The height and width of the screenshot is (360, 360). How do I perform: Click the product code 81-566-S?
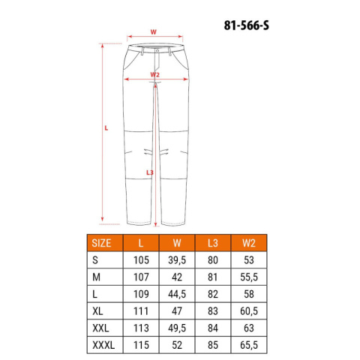[247, 25]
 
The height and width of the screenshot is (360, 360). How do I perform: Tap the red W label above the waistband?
[153, 32]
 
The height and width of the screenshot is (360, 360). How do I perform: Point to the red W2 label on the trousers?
[154, 74]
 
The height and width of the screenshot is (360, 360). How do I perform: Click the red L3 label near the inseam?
[149, 172]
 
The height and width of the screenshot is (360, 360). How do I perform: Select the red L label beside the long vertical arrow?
[106, 128]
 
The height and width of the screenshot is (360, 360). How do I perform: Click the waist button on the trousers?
[157, 50]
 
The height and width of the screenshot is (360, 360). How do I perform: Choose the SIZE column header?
[101, 243]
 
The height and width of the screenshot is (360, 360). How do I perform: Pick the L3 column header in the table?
[213, 243]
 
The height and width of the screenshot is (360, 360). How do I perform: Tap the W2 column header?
[249, 243]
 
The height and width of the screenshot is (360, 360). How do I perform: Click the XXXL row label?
[103, 345]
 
